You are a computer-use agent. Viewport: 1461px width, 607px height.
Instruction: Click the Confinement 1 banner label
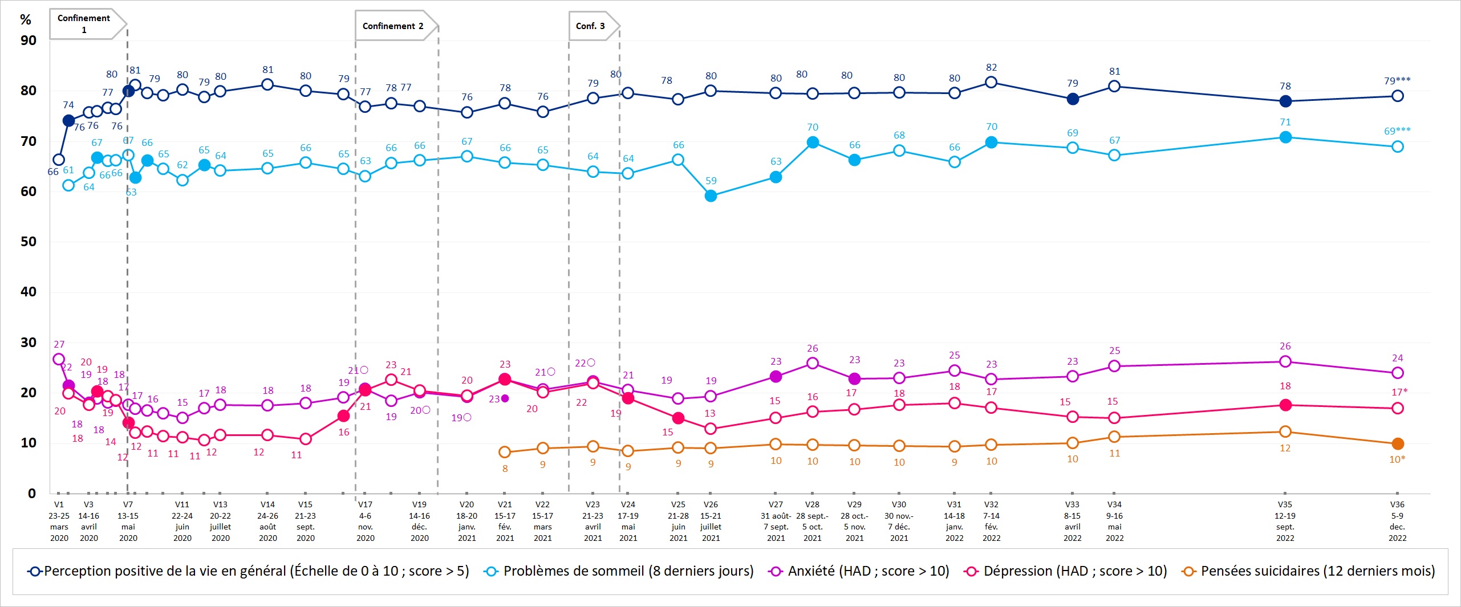pyautogui.click(x=84, y=24)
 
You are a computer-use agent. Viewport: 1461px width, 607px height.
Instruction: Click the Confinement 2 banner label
pyautogui.click(x=393, y=26)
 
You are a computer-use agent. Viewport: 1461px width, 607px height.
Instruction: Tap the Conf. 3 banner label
pyautogui.click(x=590, y=26)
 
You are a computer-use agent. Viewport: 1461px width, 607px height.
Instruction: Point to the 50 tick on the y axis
pyautogui.click(x=28, y=242)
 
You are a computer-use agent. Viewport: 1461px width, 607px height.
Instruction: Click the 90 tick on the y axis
pyautogui.click(x=28, y=40)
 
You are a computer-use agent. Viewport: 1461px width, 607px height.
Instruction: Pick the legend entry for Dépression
pyautogui.click(x=1066, y=571)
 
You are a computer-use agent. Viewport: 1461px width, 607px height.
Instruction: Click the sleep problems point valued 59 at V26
pyautogui.click(x=711, y=196)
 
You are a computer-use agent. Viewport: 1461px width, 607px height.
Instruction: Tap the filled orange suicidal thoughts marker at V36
pyautogui.click(x=1397, y=443)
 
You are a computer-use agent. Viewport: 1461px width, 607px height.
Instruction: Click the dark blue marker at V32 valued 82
pyautogui.click(x=991, y=82)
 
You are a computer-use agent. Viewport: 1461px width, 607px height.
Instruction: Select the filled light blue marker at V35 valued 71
pyautogui.click(x=1285, y=137)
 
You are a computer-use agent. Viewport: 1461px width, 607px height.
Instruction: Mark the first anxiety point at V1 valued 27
pyautogui.click(x=59, y=359)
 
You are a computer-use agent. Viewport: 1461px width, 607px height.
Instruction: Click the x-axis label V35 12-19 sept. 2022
pyautogui.click(x=1285, y=521)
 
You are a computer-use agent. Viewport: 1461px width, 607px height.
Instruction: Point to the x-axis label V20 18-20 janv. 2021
pyautogui.click(x=466, y=521)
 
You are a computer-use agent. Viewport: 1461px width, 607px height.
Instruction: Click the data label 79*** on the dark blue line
pyautogui.click(x=1397, y=81)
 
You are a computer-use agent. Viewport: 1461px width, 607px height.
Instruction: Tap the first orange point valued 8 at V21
pyautogui.click(x=505, y=452)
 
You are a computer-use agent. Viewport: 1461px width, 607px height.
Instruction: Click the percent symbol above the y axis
pyautogui.click(x=26, y=20)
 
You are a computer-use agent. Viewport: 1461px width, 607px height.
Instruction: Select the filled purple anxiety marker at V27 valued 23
pyautogui.click(x=776, y=376)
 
